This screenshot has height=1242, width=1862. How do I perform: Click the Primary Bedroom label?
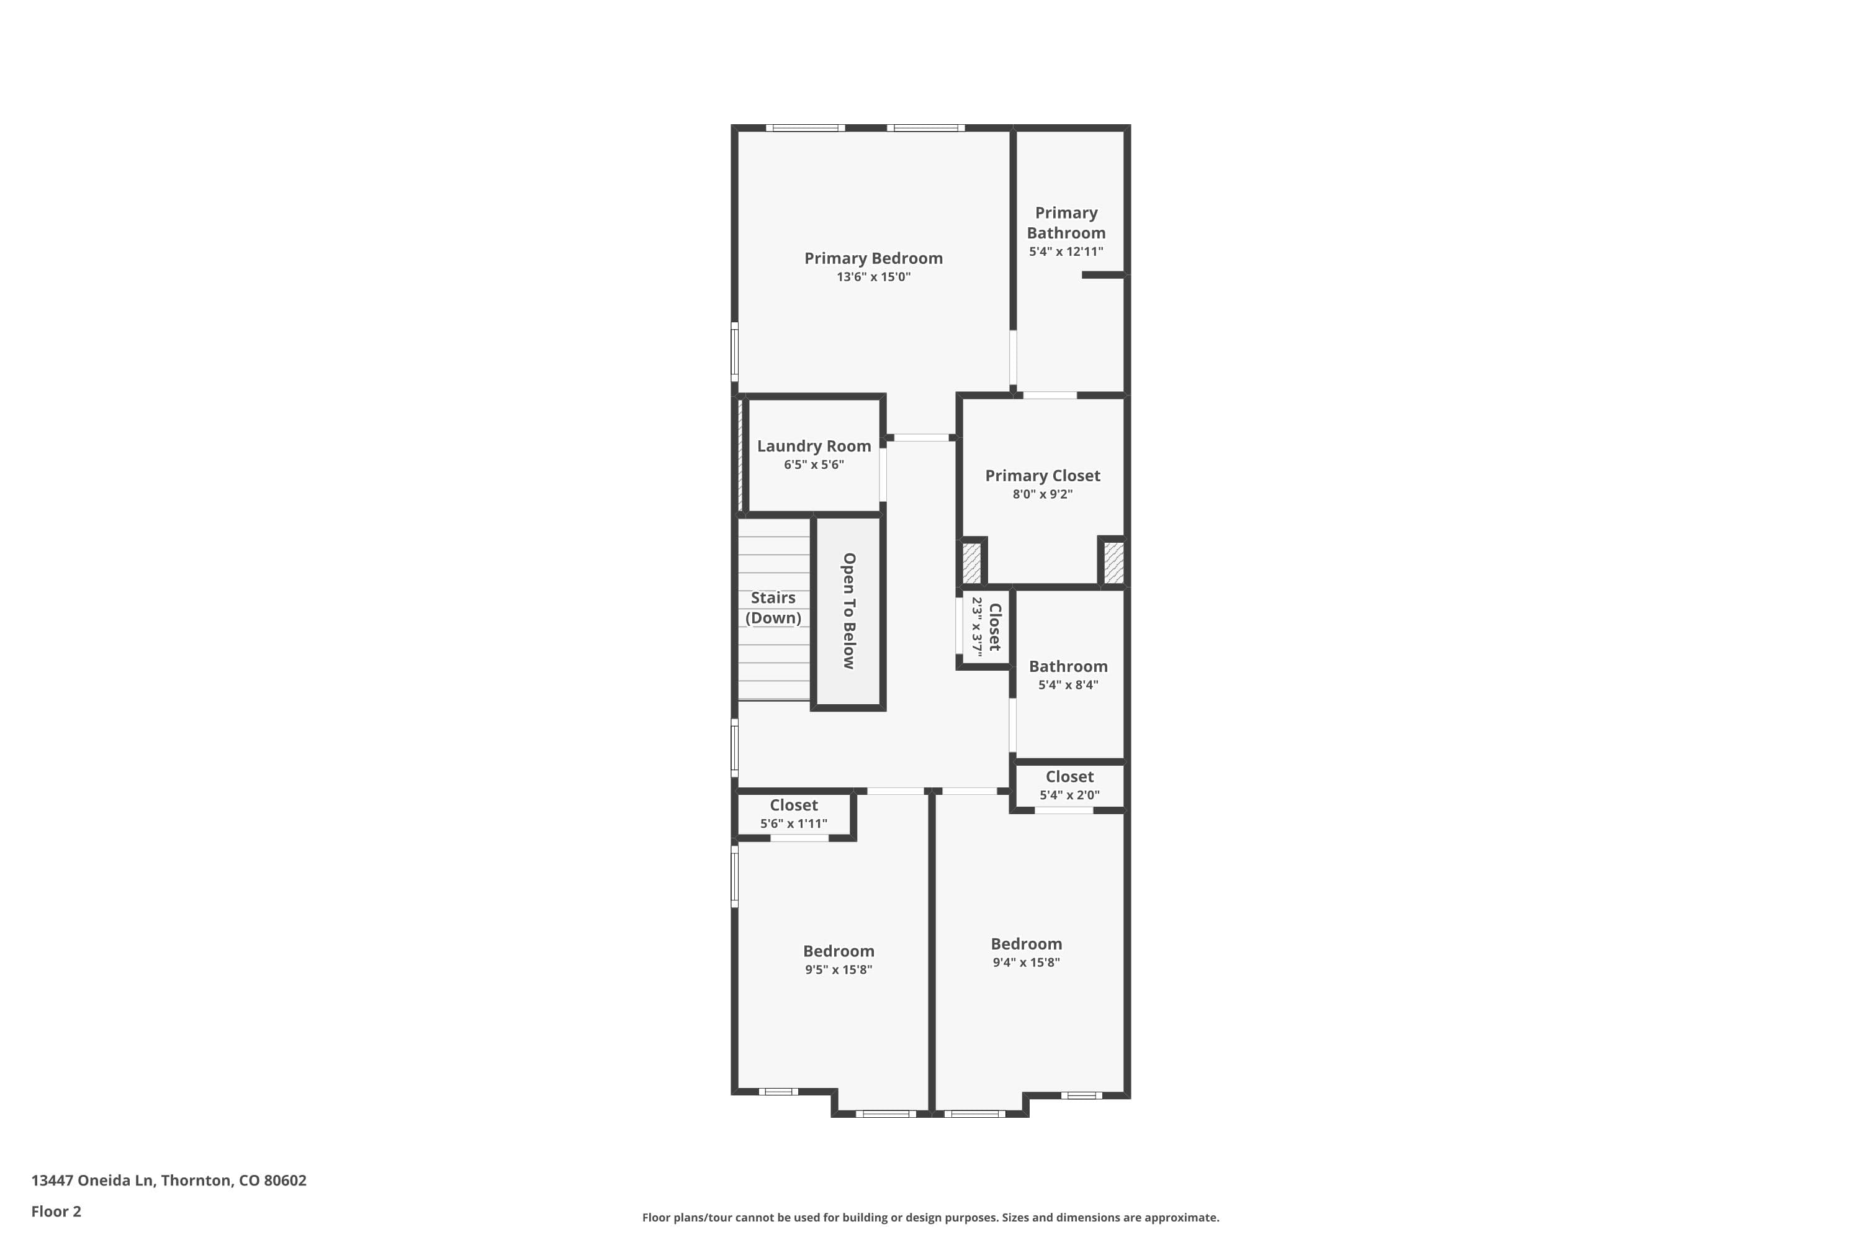(873, 258)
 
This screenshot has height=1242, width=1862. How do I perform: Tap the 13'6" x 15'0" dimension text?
(873, 277)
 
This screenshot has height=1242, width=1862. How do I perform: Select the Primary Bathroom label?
(1066, 222)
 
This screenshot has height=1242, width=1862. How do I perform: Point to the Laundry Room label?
(814, 446)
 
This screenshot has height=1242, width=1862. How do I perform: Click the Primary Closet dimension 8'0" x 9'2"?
(1042, 494)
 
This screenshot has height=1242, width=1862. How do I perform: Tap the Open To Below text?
(848, 610)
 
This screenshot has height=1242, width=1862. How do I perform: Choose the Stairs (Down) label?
(773, 607)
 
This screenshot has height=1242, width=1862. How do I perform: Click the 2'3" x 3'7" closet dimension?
(977, 627)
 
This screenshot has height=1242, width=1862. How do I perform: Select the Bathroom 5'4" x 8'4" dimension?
(1068, 685)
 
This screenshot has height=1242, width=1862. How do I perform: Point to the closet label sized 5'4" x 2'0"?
(1069, 777)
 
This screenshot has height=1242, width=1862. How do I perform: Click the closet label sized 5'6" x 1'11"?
(793, 805)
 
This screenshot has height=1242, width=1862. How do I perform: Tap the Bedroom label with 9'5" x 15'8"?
(839, 951)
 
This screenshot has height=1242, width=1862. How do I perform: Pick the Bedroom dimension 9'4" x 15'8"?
(1026, 963)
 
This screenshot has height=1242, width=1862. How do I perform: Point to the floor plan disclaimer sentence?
(930, 1217)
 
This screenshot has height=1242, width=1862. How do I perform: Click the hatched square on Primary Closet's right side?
(1113, 561)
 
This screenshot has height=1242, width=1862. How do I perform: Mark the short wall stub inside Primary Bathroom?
(1103, 275)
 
